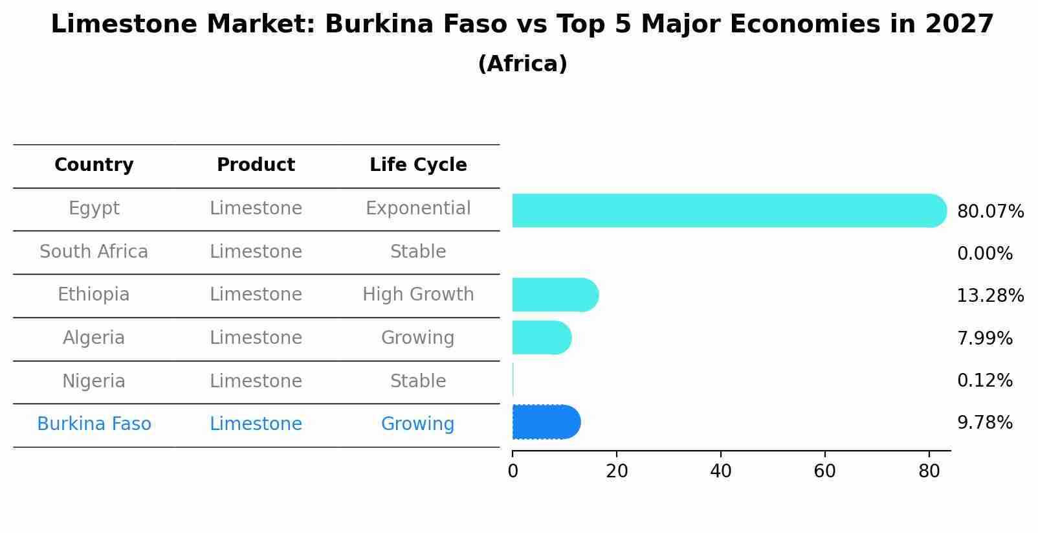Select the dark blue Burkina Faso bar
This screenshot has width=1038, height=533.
click(546, 422)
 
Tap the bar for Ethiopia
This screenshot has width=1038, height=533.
click(555, 295)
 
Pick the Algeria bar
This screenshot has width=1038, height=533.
click(541, 337)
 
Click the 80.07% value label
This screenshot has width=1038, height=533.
click(990, 212)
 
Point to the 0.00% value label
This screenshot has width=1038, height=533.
click(984, 254)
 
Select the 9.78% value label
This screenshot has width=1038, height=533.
click(984, 423)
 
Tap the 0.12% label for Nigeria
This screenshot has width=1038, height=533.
click(984, 381)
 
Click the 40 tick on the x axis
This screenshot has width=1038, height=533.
click(720, 471)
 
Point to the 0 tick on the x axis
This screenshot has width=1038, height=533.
click(513, 471)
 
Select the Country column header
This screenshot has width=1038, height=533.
click(94, 165)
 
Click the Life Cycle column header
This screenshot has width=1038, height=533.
click(418, 165)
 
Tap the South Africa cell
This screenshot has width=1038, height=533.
click(94, 252)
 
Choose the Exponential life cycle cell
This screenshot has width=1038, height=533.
click(418, 209)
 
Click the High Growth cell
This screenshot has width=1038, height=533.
click(418, 295)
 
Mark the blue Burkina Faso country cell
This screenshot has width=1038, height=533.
click(94, 424)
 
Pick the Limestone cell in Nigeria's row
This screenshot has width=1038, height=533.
click(256, 381)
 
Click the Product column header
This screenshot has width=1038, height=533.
click(256, 165)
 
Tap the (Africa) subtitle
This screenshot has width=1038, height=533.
click(522, 64)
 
